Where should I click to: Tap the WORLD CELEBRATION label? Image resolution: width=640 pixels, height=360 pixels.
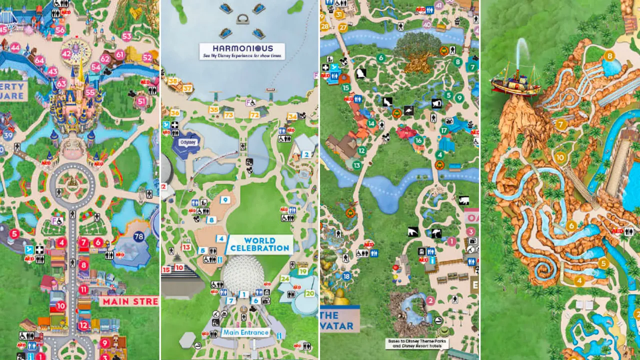260,244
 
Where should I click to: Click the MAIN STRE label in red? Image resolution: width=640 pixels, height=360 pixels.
129,301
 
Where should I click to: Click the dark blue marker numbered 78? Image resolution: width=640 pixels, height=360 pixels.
138,236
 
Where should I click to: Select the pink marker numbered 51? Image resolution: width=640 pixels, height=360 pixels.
141,101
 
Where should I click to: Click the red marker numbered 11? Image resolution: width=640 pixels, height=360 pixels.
83,289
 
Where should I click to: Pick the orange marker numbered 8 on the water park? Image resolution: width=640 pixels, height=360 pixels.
609,56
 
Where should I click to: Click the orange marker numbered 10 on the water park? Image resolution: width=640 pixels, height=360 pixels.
560,157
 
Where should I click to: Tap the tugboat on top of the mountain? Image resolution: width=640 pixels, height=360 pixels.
515,84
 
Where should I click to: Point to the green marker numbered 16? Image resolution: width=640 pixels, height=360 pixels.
418,140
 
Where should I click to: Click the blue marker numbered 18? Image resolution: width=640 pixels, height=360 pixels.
346,276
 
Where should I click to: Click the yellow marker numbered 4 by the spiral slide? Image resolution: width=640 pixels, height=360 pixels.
579,281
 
